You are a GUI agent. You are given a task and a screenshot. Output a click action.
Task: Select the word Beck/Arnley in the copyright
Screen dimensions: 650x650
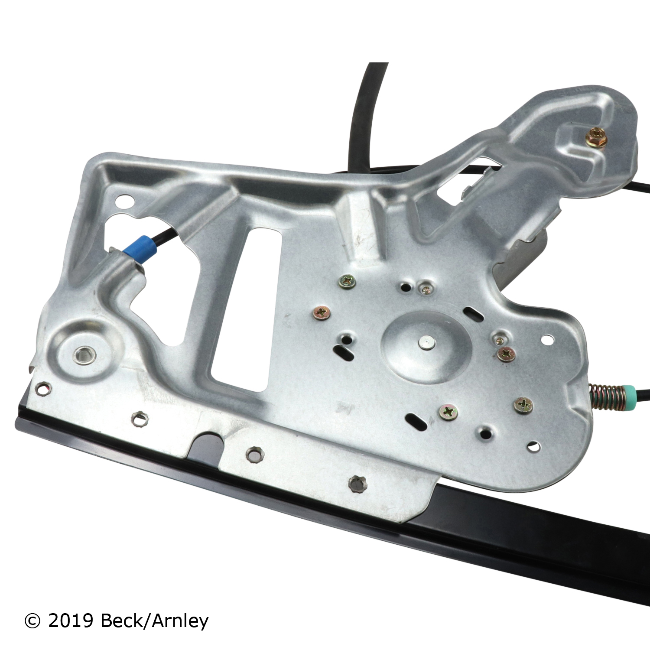(x=155, y=621)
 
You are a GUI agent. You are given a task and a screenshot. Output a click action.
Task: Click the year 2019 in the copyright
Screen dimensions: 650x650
(x=71, y=621)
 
